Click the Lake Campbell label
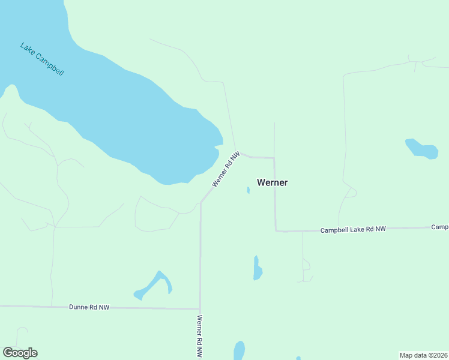pyautogui.click(x=42, y=59)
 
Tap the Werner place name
pyautogui.click(x=272, y=182)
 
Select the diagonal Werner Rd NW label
pyautogui.click(x=226, y=169)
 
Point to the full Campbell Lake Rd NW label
pyautogui.click(x=352, y=230)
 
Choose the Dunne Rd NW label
pyautogui.click(x=89, y=307)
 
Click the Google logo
pyautogui.click(x=20, y=353)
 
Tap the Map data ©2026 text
pyautogui.click(x=423, y=355)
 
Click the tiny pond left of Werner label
pyautogui.click(x=248, y=190)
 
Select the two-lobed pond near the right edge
pyautogui.click(x=422, y=149)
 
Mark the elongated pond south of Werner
pyautogui.click(x=257, y=269)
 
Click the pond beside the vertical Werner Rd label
pyautogui.click(x=239, y=350)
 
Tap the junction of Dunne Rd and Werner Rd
pyautogui.click(x=200, y=308)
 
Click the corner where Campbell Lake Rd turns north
pyautogui.click(x=276, y=230)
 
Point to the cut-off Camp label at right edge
pyautogui.click(x=440, y=227)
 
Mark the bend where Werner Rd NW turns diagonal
pyautogui.click(x=200, y=203)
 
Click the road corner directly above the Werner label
pyautogui.click(x=274, y=158)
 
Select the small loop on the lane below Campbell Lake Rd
pyautogui.click(x=306, y=264)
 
